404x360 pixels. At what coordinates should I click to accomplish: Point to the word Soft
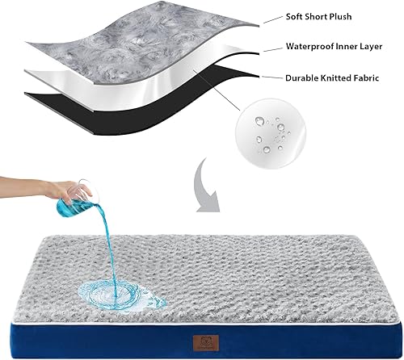click(294, 16)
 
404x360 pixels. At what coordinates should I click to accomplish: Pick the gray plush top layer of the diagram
click(121, 36)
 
